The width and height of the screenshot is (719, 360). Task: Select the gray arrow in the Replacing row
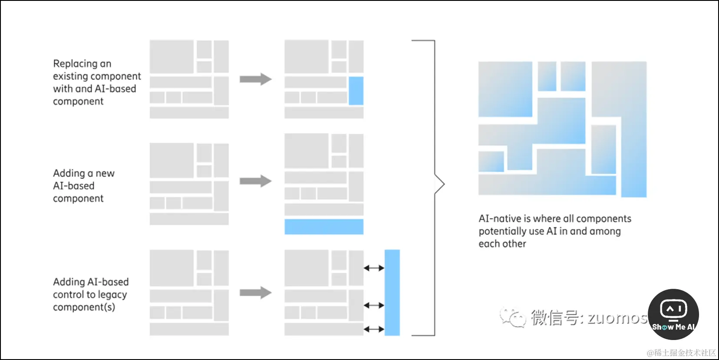pyautogui.click(x=255, y=79)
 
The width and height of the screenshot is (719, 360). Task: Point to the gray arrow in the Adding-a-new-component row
pyautogui.click(x=255, y=181)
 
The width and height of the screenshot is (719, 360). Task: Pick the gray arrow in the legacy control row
pyautogui.click(x=255, y=292)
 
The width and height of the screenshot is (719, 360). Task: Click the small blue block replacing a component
pyautogui.click(x=356, y=91)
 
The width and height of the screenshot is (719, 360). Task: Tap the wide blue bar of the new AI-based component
pyautogui.click(x=324, y=227)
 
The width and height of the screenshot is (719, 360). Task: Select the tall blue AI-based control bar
pyautogui.click(x=392, y=292)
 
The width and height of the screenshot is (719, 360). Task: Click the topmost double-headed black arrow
pyautogui.click(x=374, y=268)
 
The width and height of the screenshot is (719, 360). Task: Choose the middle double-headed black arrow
pyautogui.click(x=374, y=305)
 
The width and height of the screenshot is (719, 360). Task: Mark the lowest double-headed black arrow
pyautogui.click(x=374, y=329)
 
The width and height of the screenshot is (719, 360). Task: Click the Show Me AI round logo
pyautogui.click(x=673, y=314)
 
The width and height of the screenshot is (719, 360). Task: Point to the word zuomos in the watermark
pyautogui.click(x=617, y=318)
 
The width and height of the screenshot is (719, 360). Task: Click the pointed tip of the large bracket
pyautogui.click(x=444, y=185)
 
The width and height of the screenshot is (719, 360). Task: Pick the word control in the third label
pyautogui.click(x=68, y=295)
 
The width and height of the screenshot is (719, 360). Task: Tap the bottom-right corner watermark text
pyautogui.click(x=681, y=353)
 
